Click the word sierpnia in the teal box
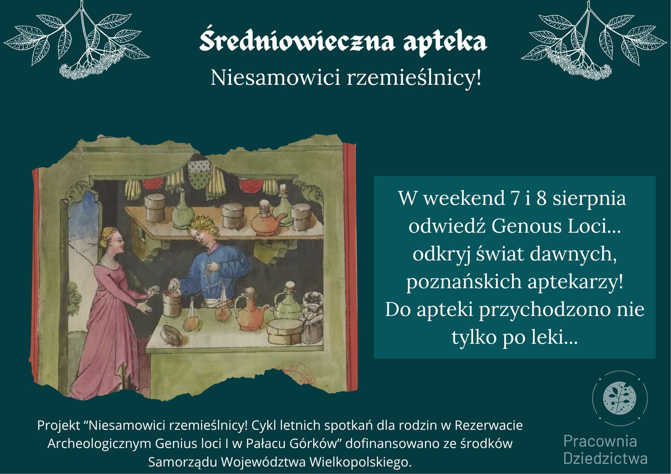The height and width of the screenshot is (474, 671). tap(589, 199)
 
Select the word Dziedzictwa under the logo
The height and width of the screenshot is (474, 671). tap(605, 458)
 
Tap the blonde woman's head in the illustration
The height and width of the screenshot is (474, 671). tap(113, 242)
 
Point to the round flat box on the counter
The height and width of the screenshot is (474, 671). tap(285, 332)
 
